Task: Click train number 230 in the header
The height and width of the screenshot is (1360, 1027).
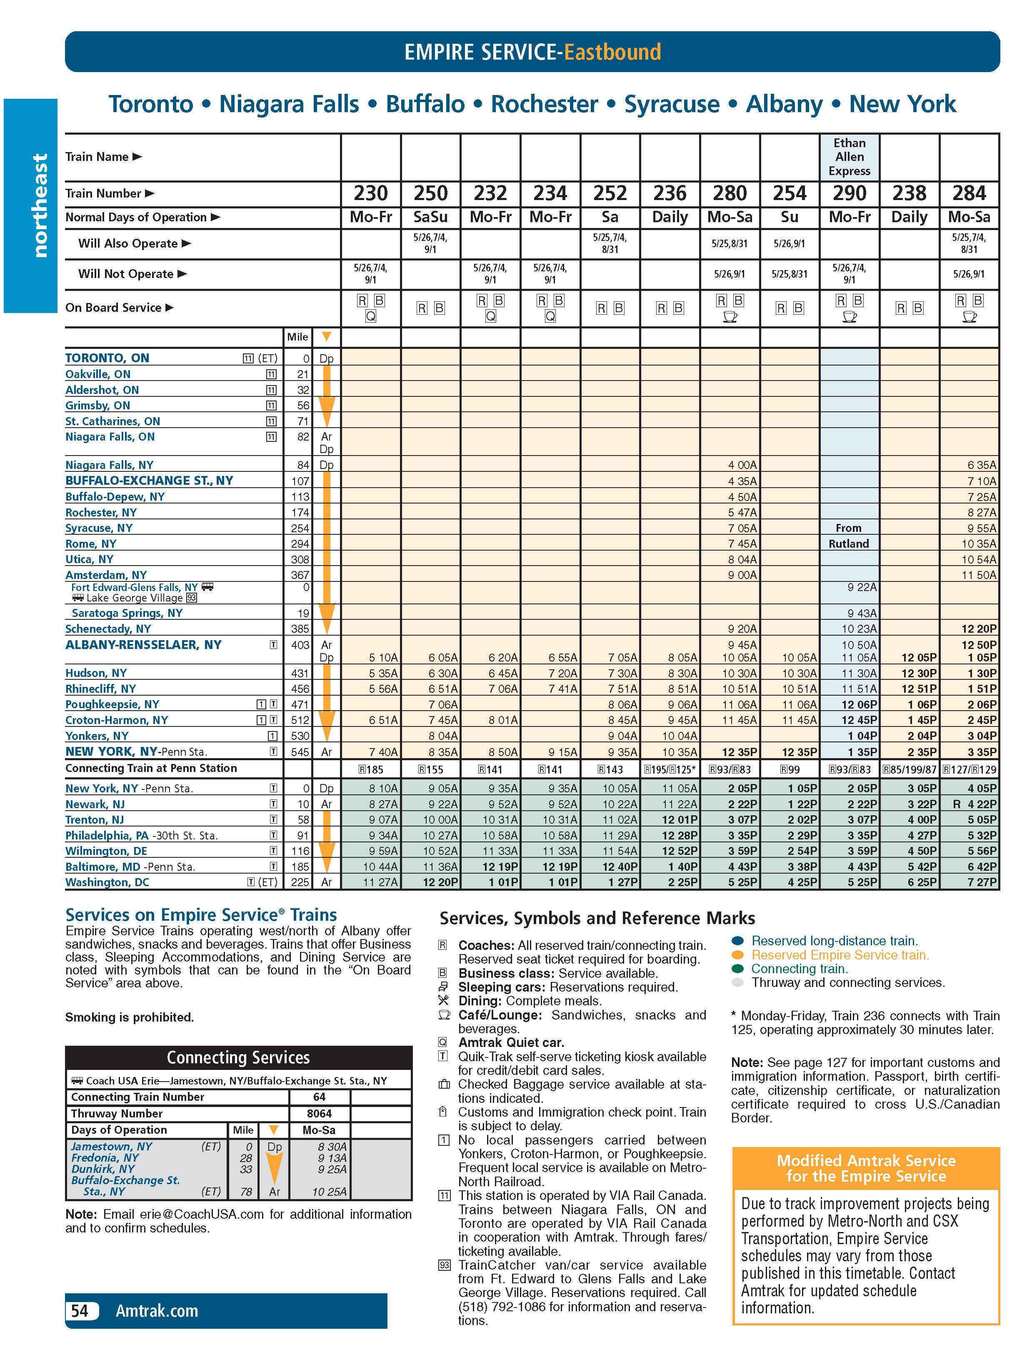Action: click(x=371, y=194)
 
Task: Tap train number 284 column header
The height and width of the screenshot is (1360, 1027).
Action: click(x=969, y=194)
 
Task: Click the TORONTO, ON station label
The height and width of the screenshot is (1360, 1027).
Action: click(x=107, y=358)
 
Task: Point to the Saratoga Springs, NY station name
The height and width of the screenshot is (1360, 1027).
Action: click(x=127, y=613)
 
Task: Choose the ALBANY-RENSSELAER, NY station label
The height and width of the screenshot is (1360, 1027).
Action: click(x=143, y=645)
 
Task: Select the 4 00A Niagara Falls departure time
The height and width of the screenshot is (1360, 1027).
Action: click(x=742, y=466)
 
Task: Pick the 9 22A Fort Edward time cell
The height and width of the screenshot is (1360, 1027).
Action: click(x=862, y=587)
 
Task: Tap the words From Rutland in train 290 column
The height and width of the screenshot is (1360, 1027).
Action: click(x=849, y=536)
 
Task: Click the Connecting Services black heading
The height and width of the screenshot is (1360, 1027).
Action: click(x=238, y=1057)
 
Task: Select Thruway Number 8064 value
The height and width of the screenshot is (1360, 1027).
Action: click(x=319, y=1113)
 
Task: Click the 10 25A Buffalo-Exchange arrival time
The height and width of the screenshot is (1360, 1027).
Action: click(x=329, y=1192)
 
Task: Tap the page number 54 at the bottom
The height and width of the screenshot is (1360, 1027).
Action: click(x=80, y=1311)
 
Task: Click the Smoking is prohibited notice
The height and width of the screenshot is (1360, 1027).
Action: click(x=129, y=1017)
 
